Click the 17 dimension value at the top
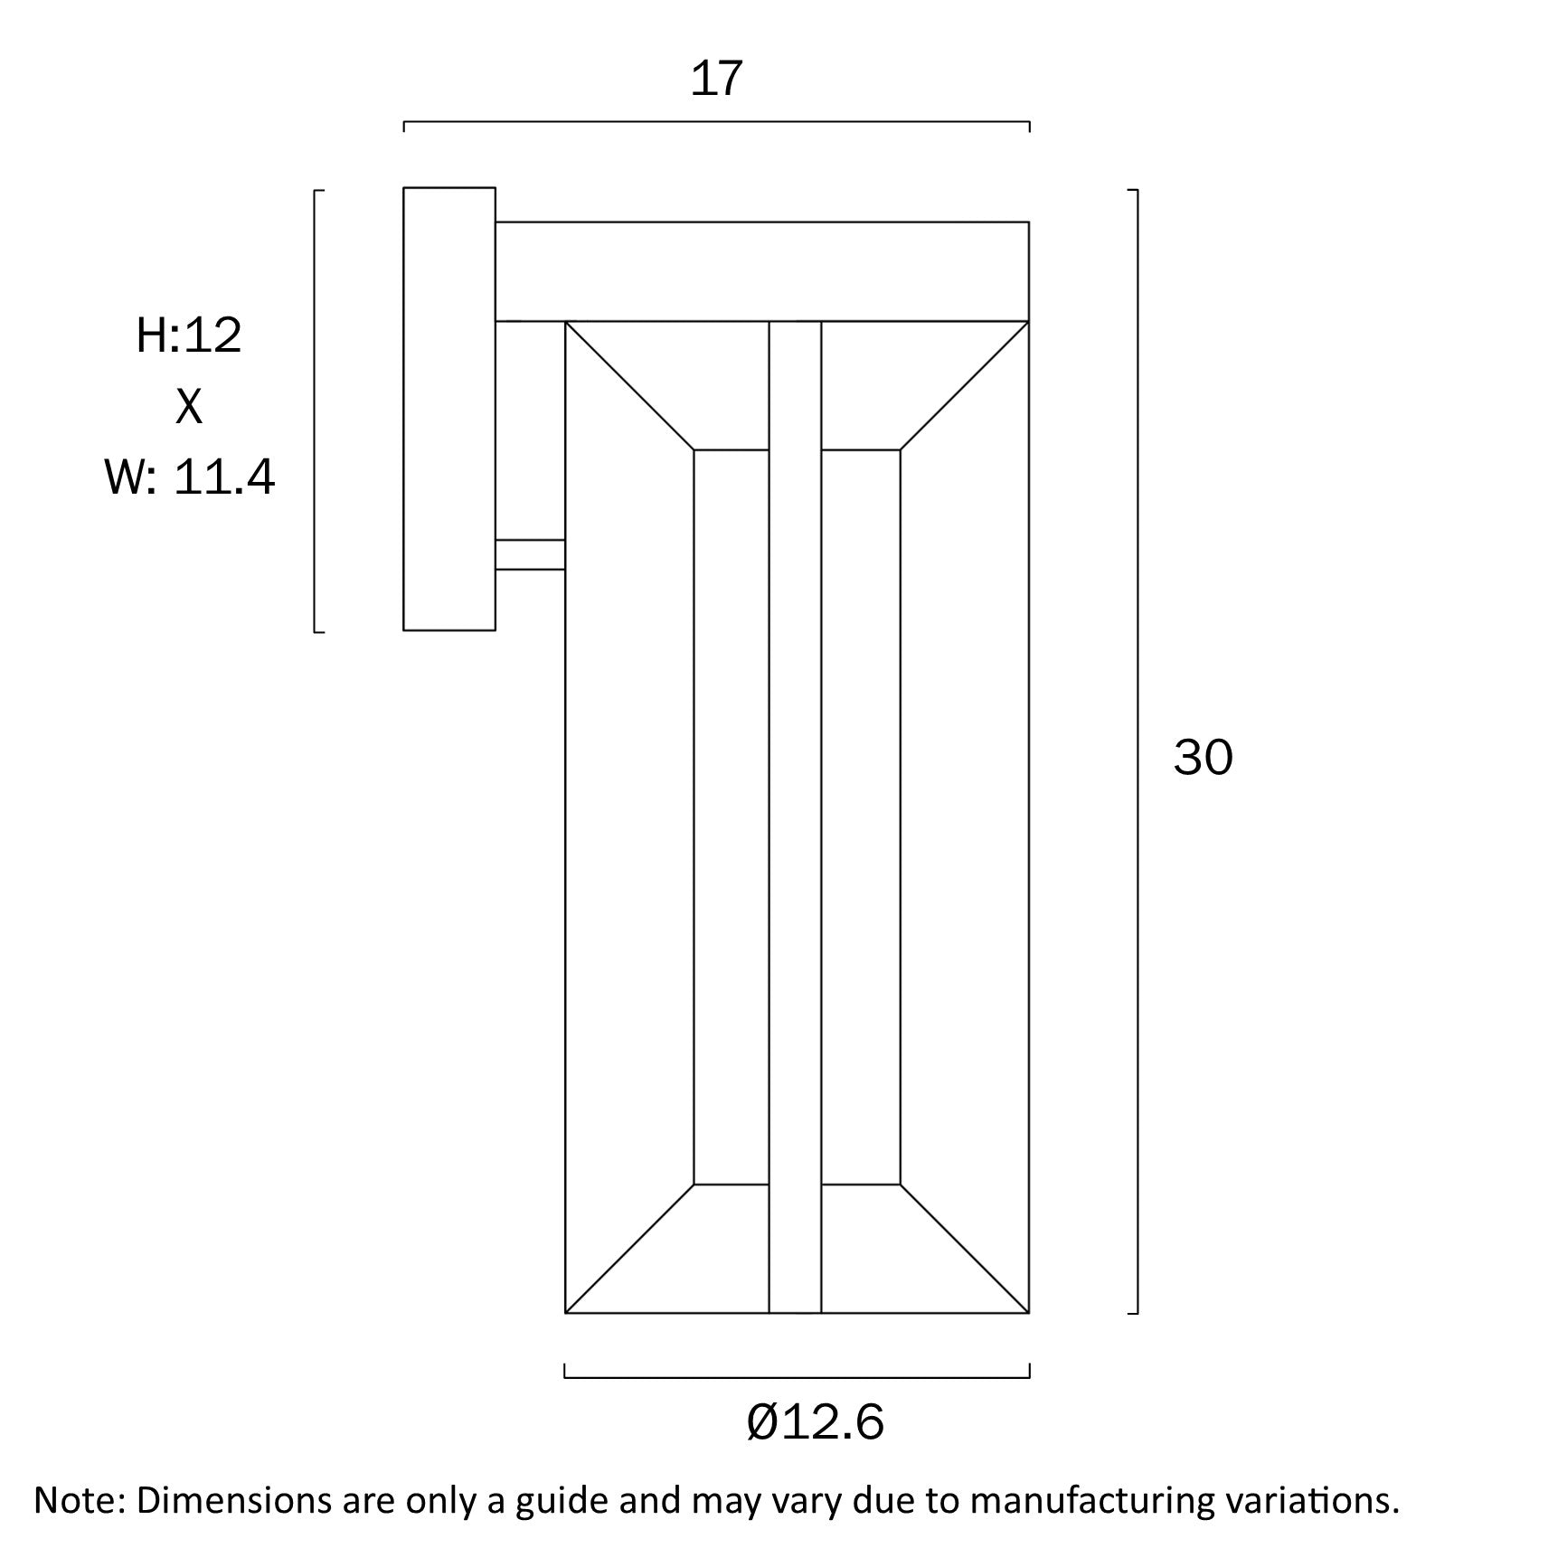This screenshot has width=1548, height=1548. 716,79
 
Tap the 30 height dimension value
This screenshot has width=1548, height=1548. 1203,757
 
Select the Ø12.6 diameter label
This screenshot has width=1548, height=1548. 816,1422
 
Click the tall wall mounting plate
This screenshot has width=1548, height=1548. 449,409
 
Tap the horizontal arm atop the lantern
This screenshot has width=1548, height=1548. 762,271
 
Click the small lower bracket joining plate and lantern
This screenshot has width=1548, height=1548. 530,554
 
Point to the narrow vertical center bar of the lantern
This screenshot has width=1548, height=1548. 795,816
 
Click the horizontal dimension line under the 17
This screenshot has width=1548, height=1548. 716,122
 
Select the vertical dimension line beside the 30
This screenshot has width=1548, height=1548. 1137,751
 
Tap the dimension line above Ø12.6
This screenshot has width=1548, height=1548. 797,1378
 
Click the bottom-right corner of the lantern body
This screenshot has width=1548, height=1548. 1029,1313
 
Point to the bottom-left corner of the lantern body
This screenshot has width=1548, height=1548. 565,1313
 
